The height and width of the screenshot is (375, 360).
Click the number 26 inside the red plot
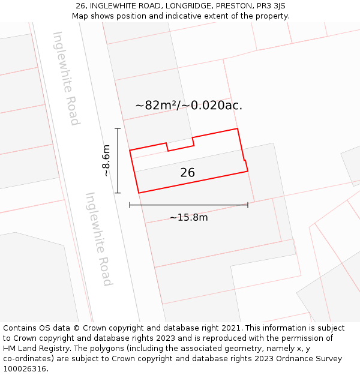(187, 173)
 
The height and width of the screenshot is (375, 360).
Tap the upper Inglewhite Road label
(66, 78)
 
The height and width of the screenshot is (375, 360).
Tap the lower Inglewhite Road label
(98, 239)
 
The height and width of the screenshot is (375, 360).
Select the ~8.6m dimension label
(106, 160)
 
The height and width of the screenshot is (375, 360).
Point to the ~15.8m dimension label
(188, 217)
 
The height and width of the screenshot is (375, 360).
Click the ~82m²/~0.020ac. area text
(188, 106)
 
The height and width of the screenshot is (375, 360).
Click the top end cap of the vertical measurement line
(118, 128)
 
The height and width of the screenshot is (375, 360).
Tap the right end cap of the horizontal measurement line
(248, 205)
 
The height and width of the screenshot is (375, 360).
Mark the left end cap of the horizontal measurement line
(130, 205)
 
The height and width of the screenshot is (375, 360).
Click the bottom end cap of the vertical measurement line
(118, 193)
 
